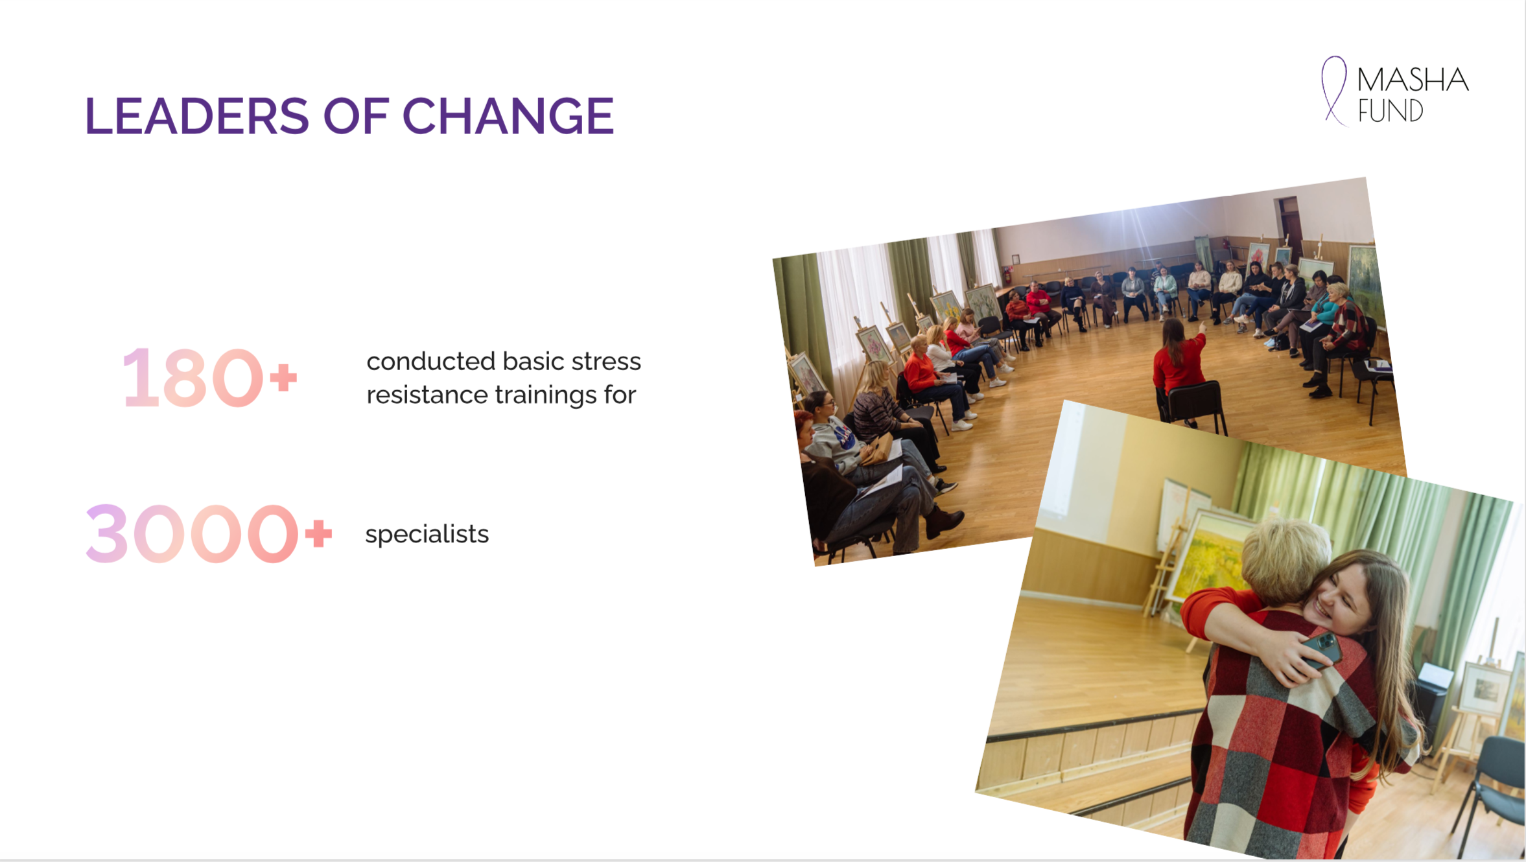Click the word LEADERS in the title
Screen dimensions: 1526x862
pyautogui.click(x=197, y=116)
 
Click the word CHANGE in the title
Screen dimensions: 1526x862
pyautogui.click(x=508, y=116)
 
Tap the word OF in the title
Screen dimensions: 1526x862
pyautogui.click(x=356, y=116)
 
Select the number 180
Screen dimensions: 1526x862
pyautogui.click(x=193, y=378)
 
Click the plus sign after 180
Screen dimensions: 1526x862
pyautogui.click(x=283, y=378)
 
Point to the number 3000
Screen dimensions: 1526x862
pyautogui.click(x=192, y=533)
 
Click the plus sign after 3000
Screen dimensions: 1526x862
pyautogui.click(x=318, y=534)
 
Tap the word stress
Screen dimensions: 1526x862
pyautogui.click(x=606, y=362)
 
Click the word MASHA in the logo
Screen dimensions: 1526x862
pyautogui.click(x=1413, y=80)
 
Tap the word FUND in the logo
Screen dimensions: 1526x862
pyautogui.click(x=1391, y=111)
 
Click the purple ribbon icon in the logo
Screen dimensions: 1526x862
pyautogui.click(x=1334, y=91)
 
